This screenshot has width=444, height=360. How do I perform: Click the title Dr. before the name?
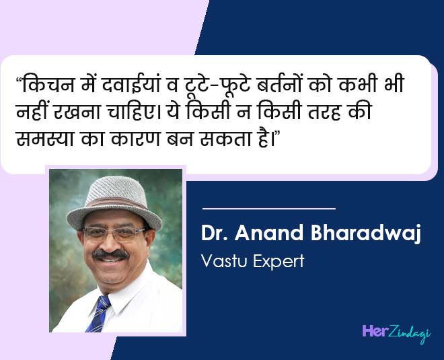[215, 234]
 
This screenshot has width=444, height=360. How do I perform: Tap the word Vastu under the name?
[221, 260]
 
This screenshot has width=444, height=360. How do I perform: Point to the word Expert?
[276, 260]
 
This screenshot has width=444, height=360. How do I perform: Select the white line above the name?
[268, 209]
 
